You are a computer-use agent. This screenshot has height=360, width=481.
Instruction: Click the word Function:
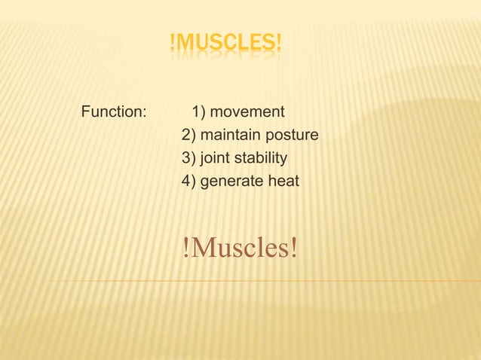(113, 113)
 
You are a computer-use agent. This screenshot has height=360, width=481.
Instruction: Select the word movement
(247, 113)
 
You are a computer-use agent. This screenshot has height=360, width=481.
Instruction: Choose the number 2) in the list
(188, 136)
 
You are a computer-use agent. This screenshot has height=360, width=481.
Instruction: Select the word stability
(260, 159)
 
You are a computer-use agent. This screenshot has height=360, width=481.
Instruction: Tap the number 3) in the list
(188, 159)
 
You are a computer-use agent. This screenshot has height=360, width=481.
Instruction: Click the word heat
(283, 182)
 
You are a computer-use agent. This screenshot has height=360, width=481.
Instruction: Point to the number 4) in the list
(188, 182)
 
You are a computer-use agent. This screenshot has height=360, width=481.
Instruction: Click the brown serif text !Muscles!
(240, 248)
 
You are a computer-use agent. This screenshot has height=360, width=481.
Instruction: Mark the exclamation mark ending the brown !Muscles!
(293, 248)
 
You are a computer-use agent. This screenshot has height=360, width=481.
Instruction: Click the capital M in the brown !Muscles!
(202, 248)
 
